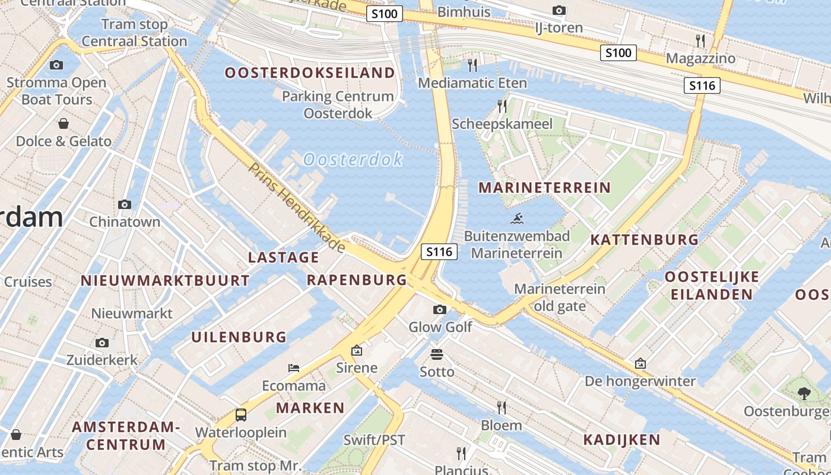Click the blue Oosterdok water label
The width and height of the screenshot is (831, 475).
[353, 159]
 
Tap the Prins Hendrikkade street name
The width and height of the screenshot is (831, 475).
[297, 207]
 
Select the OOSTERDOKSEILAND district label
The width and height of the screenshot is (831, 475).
[309, 73]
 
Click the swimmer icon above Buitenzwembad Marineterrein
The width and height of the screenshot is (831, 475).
[517, 218]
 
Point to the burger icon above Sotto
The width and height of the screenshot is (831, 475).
[437, 354]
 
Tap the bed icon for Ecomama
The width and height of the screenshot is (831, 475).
[294, 368]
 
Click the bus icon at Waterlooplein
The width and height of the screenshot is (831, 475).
[240, 415]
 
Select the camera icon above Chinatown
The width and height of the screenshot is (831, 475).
[125, 204]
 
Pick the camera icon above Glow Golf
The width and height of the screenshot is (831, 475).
[440, 309]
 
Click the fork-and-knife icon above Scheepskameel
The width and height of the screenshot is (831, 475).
[502, 106]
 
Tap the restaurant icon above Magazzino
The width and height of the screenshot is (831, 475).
[700, 40]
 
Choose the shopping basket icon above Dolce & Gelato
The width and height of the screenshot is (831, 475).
[64, 123]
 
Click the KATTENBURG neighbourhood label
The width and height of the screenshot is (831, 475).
[644, 240]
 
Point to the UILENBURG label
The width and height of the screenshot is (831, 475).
[239, 337]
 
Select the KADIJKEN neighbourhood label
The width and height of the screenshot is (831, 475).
[621, 440]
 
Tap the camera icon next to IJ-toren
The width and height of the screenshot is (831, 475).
[559, 10]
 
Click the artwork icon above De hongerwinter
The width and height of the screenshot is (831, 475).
[640, 363]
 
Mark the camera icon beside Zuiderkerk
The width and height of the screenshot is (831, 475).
[102, 343]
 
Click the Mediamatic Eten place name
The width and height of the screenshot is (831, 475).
[472, 83]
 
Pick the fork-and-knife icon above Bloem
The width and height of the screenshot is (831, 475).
[502, 407]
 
